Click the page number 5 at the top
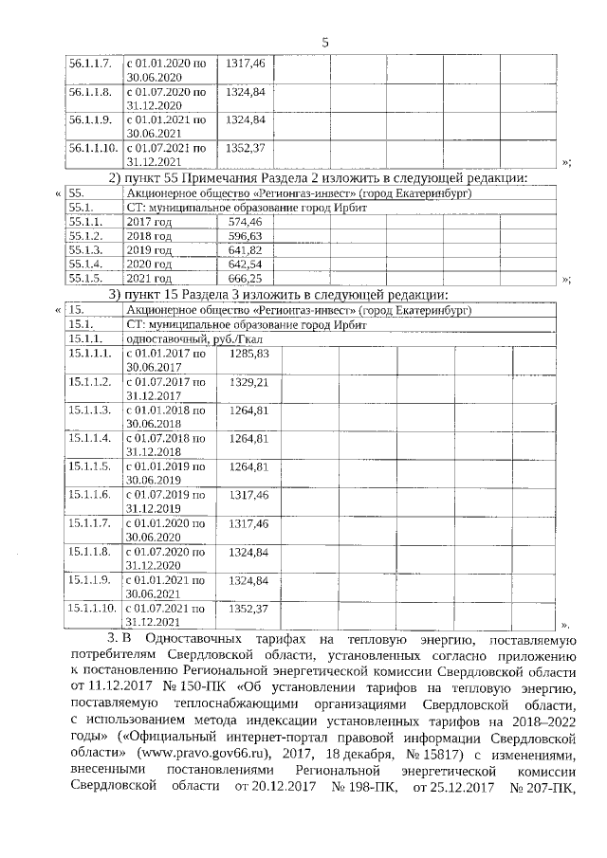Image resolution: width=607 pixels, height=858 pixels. click(x=324, y=42)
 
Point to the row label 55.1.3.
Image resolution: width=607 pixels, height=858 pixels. click(x=85, y=249)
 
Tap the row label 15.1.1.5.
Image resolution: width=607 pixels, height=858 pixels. click(x=90, y=466)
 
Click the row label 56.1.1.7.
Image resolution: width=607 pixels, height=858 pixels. click(x=90, y=63)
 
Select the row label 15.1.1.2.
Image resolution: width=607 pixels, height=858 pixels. click(x=90, y=381)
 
